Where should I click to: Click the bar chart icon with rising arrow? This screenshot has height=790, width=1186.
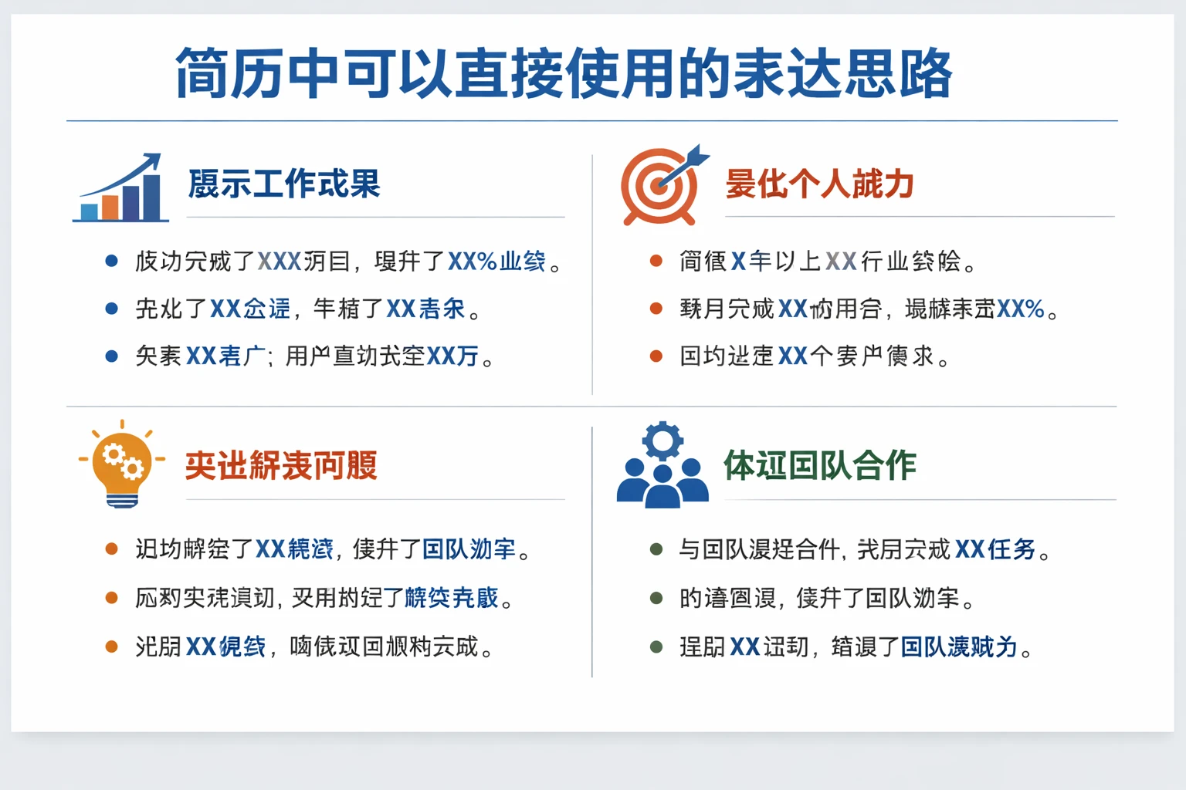(121, 188)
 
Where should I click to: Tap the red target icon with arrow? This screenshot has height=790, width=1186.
(661, 185)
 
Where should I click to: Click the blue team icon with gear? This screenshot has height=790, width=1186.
(662, 468)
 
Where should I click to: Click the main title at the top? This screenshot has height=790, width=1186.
(564, 73)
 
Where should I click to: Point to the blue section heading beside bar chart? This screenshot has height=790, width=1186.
(284, 184)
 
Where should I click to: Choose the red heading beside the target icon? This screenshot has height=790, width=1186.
(819, 184)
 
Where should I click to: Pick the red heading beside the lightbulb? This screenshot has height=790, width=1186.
(281, 466)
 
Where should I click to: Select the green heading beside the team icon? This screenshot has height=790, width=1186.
(819, 466)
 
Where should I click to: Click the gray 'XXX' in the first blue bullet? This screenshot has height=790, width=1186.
(279, 262)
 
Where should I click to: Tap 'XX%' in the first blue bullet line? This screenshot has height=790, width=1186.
(472, 262)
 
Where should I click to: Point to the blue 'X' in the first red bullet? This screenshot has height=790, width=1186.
(738, 262)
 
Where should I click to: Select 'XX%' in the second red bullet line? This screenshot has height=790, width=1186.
(1020, 309)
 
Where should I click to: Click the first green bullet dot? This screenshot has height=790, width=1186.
(656, 549)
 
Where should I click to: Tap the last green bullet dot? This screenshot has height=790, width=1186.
(656, 647)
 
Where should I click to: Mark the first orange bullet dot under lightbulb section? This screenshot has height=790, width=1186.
(111, 549)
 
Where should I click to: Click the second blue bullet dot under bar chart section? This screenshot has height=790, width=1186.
(111, 309)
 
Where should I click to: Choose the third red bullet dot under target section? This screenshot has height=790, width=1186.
(656, 356)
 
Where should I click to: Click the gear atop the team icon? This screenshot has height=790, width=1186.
(662, 441)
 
